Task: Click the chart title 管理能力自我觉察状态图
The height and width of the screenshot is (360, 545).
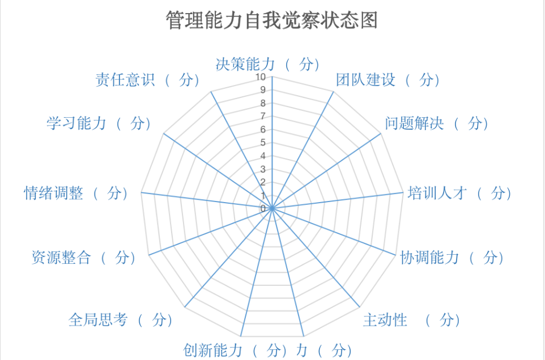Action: point(271,20)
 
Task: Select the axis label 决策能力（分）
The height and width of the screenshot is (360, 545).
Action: point(267,64)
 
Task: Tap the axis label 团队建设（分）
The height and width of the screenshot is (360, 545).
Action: point(388,80)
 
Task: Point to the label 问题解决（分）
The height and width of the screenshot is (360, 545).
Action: point(437,123)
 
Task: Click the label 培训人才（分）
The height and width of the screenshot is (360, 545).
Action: point(459,193)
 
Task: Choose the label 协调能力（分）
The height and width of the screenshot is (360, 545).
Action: point(452,258)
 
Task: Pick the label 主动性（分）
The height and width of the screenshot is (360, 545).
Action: point(412,320)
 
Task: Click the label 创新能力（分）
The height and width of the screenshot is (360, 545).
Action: point(235,350)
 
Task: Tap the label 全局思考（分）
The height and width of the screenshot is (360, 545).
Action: point(121,320)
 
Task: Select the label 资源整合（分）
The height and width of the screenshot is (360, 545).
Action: point(84,258)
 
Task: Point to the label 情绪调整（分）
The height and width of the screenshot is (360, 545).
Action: point(76,193)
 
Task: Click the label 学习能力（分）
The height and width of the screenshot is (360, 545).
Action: point(99,123)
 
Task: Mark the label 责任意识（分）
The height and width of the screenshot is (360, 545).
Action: point(147,80)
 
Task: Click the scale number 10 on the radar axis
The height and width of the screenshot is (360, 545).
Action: point(261,77)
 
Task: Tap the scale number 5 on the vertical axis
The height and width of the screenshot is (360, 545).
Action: point(263,142)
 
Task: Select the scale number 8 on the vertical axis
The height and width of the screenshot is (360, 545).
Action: point(263,103)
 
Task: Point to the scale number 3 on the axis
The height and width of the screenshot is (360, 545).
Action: point(263,169)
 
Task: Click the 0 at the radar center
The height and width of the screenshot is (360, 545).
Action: point(263,208)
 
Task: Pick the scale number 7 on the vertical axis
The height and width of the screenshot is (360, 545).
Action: point(263,116)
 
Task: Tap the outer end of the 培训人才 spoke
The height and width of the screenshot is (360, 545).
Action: point(403,192)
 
